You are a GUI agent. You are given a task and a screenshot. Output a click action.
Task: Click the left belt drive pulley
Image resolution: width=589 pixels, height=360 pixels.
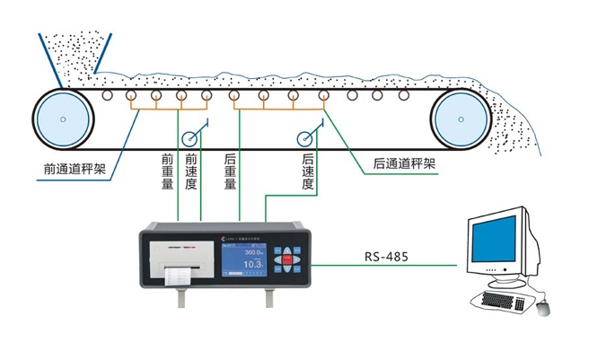tap(62, 119)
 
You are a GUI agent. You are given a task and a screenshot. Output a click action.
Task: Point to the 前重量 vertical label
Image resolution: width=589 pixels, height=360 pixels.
tap(167, 171)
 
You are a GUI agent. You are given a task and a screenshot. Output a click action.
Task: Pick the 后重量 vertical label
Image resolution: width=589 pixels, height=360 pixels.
tap(230, 171)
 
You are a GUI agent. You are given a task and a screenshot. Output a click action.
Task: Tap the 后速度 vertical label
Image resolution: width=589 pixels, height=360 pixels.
tap(309, 171)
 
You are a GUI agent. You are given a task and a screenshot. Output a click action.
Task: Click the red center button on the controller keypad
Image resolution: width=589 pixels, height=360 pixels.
tap(287, 259)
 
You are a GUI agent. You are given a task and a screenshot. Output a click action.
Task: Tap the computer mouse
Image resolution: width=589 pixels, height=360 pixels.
tap(542, 308)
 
